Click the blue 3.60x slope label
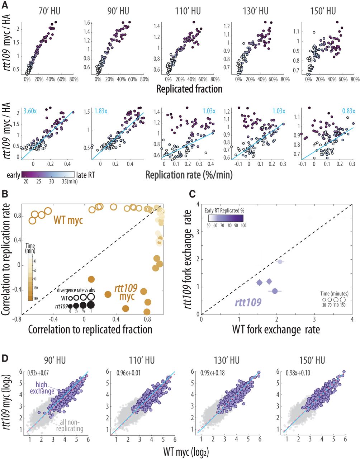click(x=31, y=112)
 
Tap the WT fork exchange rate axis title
click(x=276, y=328)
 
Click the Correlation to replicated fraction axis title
click(x=90, y=328)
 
